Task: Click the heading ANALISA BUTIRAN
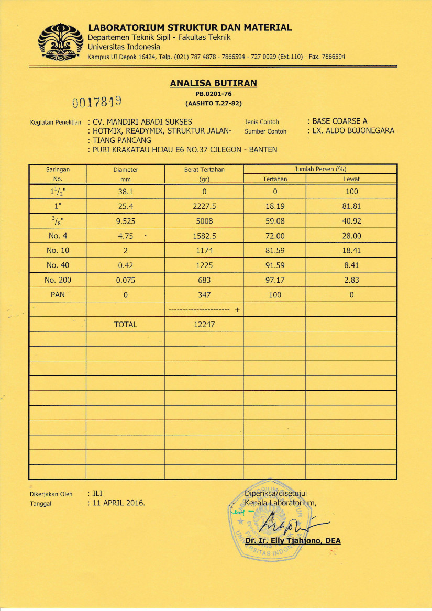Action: click(x=213, y=83)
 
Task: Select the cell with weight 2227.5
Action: click(x=204, y=206)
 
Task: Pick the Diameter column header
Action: click(x=125, y=170)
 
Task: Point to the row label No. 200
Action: click(x=58, y=280)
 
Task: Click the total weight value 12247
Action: click(x=204, y=324)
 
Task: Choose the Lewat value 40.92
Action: click(x=351, y=221)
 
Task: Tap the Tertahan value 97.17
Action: click(x=275, y=280)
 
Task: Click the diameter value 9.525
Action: click(x=125, y=221)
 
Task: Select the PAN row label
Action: click(x=58, y=295)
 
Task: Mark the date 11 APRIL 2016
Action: click(x=118, y=503)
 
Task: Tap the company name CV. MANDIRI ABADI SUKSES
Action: click(x=142, y=122)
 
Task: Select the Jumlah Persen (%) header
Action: click(x=320, y=169)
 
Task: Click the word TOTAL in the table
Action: click(x=125, y=324)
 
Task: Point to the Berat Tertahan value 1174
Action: click(x=204, y=251)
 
